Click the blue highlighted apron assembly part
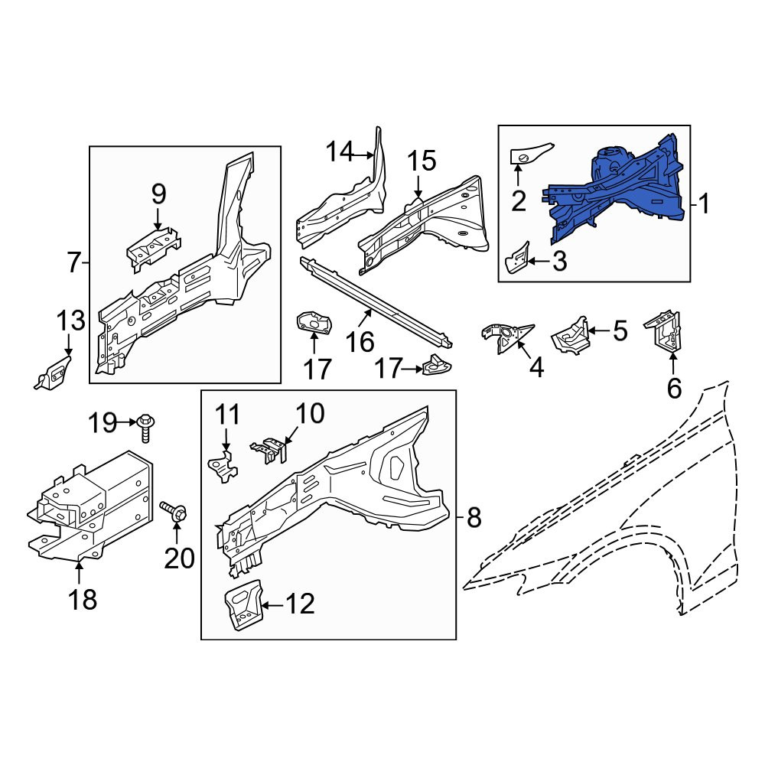[620, 190]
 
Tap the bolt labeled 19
[145, 427]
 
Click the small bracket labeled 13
[54, 373]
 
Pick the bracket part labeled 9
[153, 247]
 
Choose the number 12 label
[300, 604]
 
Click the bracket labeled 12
[243, 605]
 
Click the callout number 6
[674, 389]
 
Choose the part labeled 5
[570, 335]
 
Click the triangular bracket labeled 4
[506, 337]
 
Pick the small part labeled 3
[518, 257]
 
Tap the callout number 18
[83, 599]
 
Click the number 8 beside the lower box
[474, 517]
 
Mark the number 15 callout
[422, 161]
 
